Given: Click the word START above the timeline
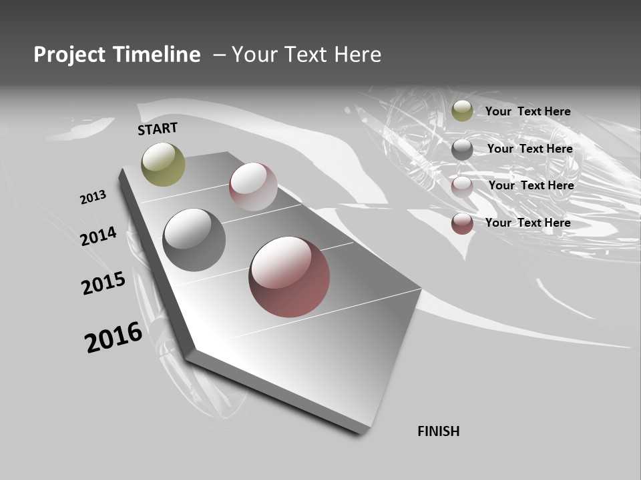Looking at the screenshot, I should pos(158,129).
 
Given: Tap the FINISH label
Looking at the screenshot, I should pos(438,431).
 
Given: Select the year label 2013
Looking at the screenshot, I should pos(93,197).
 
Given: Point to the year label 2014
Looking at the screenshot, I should pos(99,236).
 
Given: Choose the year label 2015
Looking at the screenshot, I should pos(103,283).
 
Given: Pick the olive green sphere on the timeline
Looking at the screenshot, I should pos(163,164).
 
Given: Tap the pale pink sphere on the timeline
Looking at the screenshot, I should pos(253,186).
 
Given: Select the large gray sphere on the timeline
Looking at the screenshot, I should pos(194,240).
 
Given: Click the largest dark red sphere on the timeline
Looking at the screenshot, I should pos(289,277).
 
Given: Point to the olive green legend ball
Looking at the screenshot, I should pos(462,111).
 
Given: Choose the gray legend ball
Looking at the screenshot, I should pos(462,149).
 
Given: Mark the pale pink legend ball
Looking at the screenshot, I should pos(462,187).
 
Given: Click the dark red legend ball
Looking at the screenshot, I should pos(462,223).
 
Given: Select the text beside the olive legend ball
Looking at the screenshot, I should pos(527,111).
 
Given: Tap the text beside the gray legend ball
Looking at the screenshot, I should pos(529,149).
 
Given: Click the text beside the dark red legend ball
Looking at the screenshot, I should pos(527,223).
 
